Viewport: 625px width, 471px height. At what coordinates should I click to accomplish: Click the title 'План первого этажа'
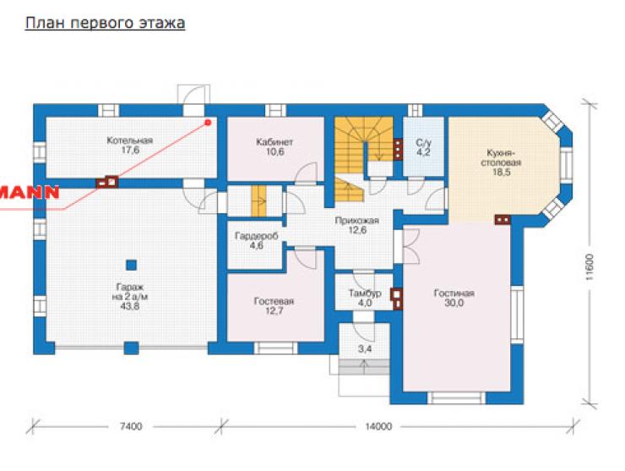pyautogui.click(x=106, y=23)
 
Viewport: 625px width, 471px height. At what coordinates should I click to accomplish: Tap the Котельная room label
pyautogui.click(x=130, y=140)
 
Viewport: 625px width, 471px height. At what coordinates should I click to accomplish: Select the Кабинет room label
pyautogui.click(x=274, y=142)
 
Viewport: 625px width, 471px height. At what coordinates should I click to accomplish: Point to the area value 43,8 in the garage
pyautogui.click(x=130, y=307)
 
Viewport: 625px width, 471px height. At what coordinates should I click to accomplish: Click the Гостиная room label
pyautogui.click(x=454, y=293)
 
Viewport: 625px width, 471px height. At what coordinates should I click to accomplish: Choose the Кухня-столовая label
pyautogui.click(x=501, y=158)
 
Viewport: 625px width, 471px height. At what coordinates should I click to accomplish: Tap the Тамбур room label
pyautogui.click(x=365, y=293)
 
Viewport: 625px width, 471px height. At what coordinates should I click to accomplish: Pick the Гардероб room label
pyautogui.click(x=256, y=236)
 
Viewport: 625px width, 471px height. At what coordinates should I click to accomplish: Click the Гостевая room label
pyautogui.click(x=274, y=301)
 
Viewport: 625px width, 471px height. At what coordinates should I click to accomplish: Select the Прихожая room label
pyautogui.click(x=357, y=221)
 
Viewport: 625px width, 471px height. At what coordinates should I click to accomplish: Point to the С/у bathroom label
pyautogui.click(x=423, y=143)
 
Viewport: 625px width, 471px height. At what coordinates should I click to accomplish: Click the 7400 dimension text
pyautogui.click(x=131, y=426)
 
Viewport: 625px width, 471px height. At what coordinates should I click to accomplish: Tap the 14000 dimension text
pyautogui.click(x=378, y=426)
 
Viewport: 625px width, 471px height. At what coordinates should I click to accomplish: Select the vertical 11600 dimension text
pyautogui.click(x=590, y=267)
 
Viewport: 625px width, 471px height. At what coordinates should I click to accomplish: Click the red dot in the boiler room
pyautogui.click(x=208, y=122)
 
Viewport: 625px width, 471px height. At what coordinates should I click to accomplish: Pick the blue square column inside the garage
pyautogui.click(x=131, y=265)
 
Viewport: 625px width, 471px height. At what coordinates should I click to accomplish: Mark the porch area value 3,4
pyautogui.click(x=364, y=349)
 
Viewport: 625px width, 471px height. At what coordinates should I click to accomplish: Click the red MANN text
pyautogui.click(x=30, y=193)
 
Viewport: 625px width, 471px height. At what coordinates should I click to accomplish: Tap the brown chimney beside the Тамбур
pyautogui.click(x=397, y=298)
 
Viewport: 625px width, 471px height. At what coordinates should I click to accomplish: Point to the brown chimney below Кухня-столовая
pyautogui.click(x=503, y=219)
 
